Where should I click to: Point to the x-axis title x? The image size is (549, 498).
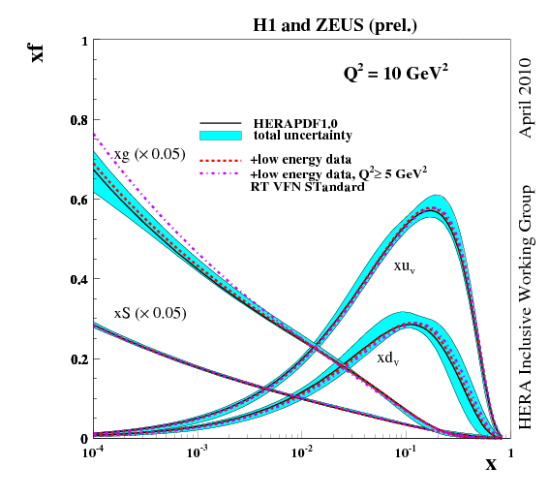tap(491, 464)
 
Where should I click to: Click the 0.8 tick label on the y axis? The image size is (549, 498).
tap(75, 121)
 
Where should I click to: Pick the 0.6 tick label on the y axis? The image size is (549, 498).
tap(75, 201)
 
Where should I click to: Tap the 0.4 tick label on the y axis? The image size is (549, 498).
tap(75, 280)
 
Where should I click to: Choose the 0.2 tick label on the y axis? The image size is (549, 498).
tap(75, 359)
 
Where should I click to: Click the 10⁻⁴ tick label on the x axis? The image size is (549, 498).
tap(94, 451)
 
